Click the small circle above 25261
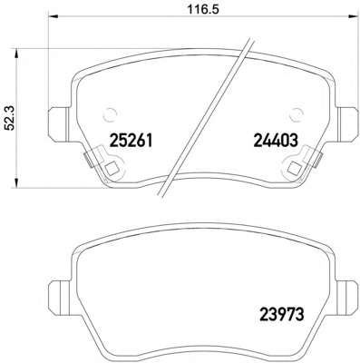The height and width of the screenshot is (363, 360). coord(110,116)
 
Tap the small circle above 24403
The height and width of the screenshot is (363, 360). coord(297,116)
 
